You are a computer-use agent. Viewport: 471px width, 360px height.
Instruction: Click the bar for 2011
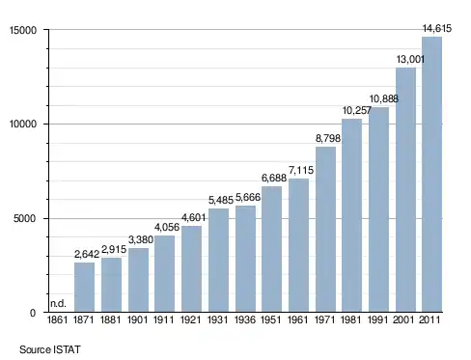431,175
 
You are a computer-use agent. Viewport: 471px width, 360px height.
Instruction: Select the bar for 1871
84,288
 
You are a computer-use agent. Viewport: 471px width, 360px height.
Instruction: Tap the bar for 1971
325,230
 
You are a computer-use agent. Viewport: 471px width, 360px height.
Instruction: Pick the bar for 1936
245,259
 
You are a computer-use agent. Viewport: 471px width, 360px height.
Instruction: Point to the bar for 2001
405,190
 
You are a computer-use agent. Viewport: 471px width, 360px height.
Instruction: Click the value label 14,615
437,29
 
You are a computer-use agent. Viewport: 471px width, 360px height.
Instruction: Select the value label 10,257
357,111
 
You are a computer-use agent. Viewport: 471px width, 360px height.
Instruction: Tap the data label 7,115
301,170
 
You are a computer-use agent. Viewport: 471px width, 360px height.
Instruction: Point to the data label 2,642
87,255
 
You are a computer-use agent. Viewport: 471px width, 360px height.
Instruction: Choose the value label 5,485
221,201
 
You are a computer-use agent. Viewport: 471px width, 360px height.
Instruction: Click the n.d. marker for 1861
58,303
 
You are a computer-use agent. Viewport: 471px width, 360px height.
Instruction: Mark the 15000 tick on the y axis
23,30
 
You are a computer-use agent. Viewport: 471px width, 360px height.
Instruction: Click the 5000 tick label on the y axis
24,219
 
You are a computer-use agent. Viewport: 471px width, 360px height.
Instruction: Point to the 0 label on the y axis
33,313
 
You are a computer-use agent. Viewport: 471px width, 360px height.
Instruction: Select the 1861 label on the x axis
57,320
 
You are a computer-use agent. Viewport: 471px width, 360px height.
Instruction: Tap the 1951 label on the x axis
271,320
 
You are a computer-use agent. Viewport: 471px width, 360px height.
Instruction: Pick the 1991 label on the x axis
377,320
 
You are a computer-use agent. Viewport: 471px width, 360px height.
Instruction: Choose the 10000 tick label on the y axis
23,125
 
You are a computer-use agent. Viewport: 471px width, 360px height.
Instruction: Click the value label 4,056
167,228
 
